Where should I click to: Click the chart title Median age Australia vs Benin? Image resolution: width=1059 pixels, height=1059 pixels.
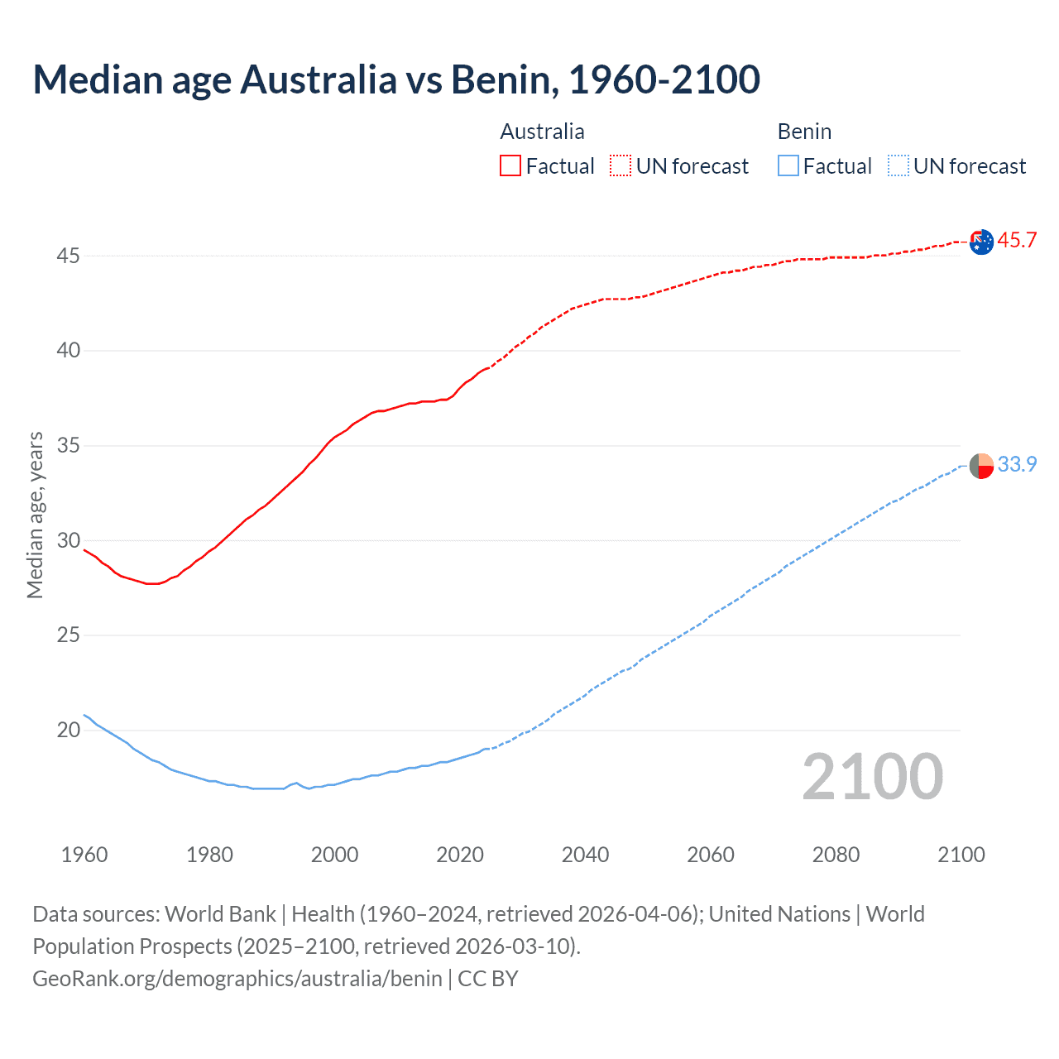click(395, 79)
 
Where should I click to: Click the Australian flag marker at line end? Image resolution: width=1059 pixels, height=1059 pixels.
click(981, 242)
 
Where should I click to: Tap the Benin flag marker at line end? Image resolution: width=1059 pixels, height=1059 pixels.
click(981, 466)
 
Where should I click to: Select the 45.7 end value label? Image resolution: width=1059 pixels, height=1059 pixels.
click(1017, 241)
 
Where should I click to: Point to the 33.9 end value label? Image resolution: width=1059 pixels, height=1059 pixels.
click(1017, 465)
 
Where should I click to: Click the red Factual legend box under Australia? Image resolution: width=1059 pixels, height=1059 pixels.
click(510, 165)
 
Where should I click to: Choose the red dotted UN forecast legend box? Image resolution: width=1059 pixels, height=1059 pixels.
click(621, 165)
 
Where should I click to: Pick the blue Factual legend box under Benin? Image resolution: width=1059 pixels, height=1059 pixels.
click(788, 165)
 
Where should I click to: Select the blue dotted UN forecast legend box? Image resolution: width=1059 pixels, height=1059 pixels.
click(898, 165)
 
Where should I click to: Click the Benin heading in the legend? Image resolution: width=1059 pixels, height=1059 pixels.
click(804, 132)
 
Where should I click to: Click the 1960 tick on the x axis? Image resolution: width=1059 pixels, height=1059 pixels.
click(84, 855)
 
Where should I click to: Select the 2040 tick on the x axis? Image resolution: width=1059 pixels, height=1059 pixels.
click(585, 855)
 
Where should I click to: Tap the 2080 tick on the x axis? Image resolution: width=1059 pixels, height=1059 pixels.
click(836, 855)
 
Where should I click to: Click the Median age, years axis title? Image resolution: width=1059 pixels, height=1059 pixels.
click(35, 515)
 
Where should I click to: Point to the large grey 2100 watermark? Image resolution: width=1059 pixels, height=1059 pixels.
click(872, 777)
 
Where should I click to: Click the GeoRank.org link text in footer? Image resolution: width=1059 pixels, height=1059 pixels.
click(237, 979)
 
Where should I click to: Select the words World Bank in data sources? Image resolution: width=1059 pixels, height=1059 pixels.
click(220, 914)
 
